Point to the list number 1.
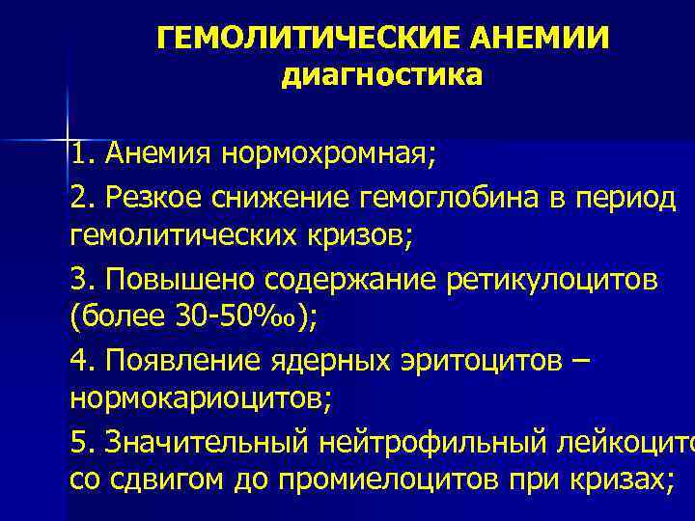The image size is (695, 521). [79, 151]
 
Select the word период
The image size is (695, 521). [631, 198]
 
